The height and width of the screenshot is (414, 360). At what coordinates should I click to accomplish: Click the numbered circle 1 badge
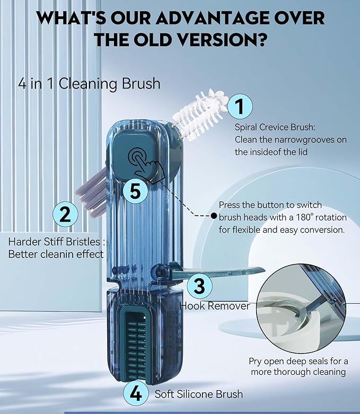pyautogui.click(x=239, y=107)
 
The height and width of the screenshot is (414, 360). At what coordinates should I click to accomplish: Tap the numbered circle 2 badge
pyautogui.click(x=65, y=215)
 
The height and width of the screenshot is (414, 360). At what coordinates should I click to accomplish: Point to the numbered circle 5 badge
pyautogui.click(x=136, y=191)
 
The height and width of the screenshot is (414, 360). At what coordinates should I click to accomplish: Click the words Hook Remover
pyautogui.click(x=215, y=305)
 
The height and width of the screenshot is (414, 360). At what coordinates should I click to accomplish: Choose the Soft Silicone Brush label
pyautogui.click(x=198, y=394)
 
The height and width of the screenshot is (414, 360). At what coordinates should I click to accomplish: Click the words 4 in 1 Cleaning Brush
pyautogui.click(x=89, y=84)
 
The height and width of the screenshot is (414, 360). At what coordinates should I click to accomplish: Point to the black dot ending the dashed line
pyautogui.click(x=214, y=216)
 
